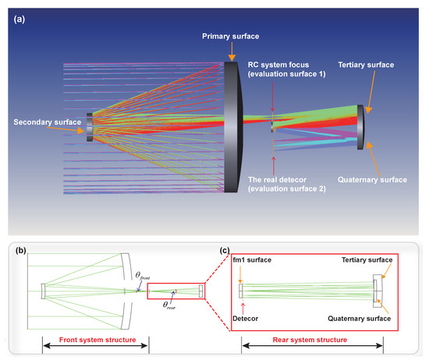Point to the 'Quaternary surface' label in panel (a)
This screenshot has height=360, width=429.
(x=373, y=180)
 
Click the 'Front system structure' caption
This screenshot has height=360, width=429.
(x=94, y=342)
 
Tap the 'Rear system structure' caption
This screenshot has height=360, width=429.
(x=312, y=342)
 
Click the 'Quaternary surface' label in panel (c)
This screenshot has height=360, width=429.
(x=360, y=319)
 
